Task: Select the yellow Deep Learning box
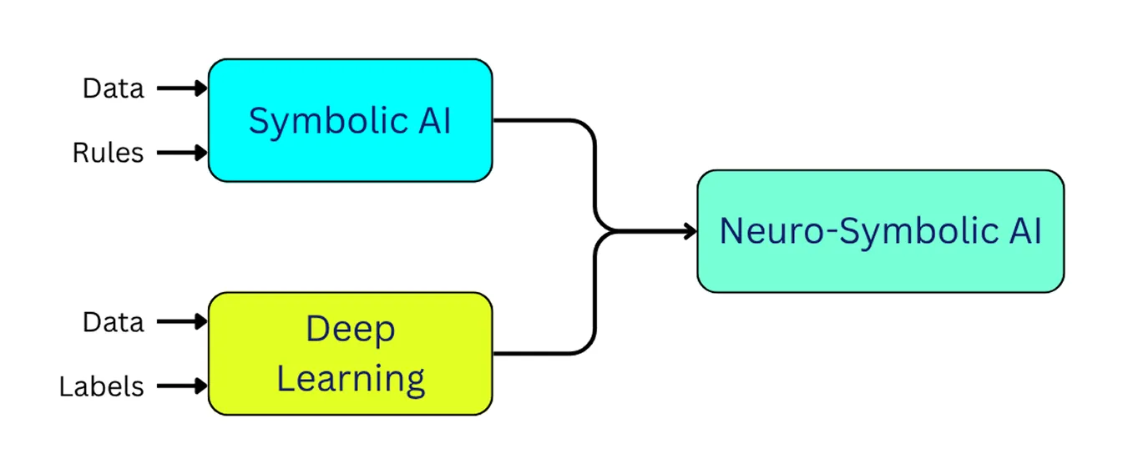point(350,354)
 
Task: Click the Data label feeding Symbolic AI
point(114,88)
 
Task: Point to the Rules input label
point(108,153)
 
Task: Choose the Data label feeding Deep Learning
point(114,321)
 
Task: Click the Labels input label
point(101,386)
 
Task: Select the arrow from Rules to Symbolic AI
point(180,153)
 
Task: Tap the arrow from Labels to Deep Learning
point(180,386)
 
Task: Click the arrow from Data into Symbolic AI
point(180,88)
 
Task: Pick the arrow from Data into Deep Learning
point(180,321)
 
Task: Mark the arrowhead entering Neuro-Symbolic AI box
point(689,231)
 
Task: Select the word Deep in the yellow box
point(350,330)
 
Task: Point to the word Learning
point(351,379)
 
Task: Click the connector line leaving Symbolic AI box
point(543,121)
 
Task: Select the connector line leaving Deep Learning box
point(543,353)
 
